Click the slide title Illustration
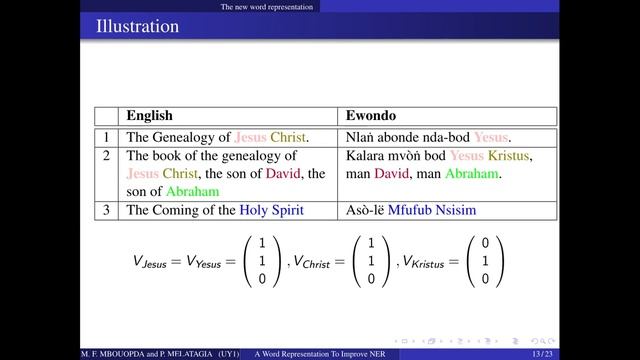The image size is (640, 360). [137, 24]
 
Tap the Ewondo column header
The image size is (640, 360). [374, 116]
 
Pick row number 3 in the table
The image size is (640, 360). [107, 209]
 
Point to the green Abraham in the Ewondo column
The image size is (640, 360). [470, 174]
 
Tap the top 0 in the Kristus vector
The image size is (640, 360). [485, 244]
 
